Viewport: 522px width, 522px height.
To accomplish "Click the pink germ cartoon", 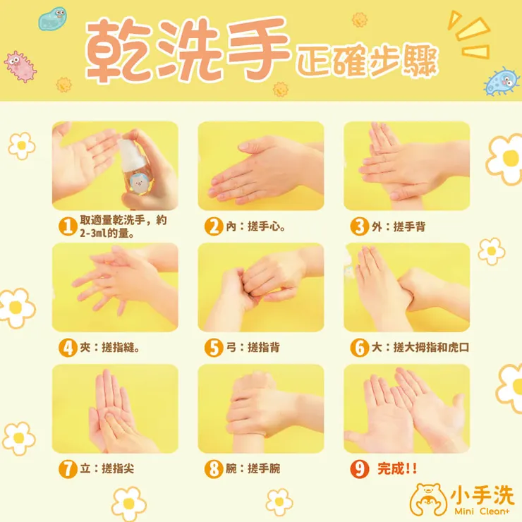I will [20, 66].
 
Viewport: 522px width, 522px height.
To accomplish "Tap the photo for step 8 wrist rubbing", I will [260, 408].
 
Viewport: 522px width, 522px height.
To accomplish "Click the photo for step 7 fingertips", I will [115, 408].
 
